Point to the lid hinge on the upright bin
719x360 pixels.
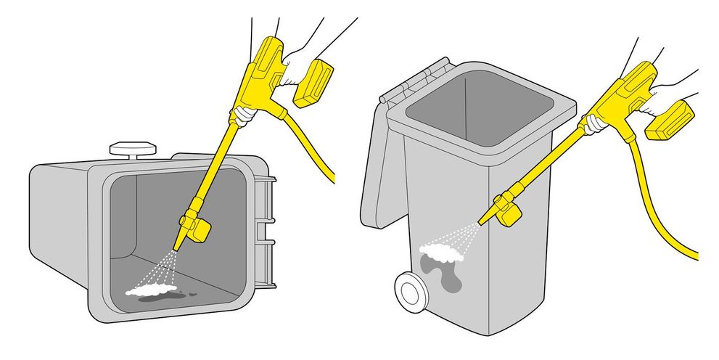tap(417, 78)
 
